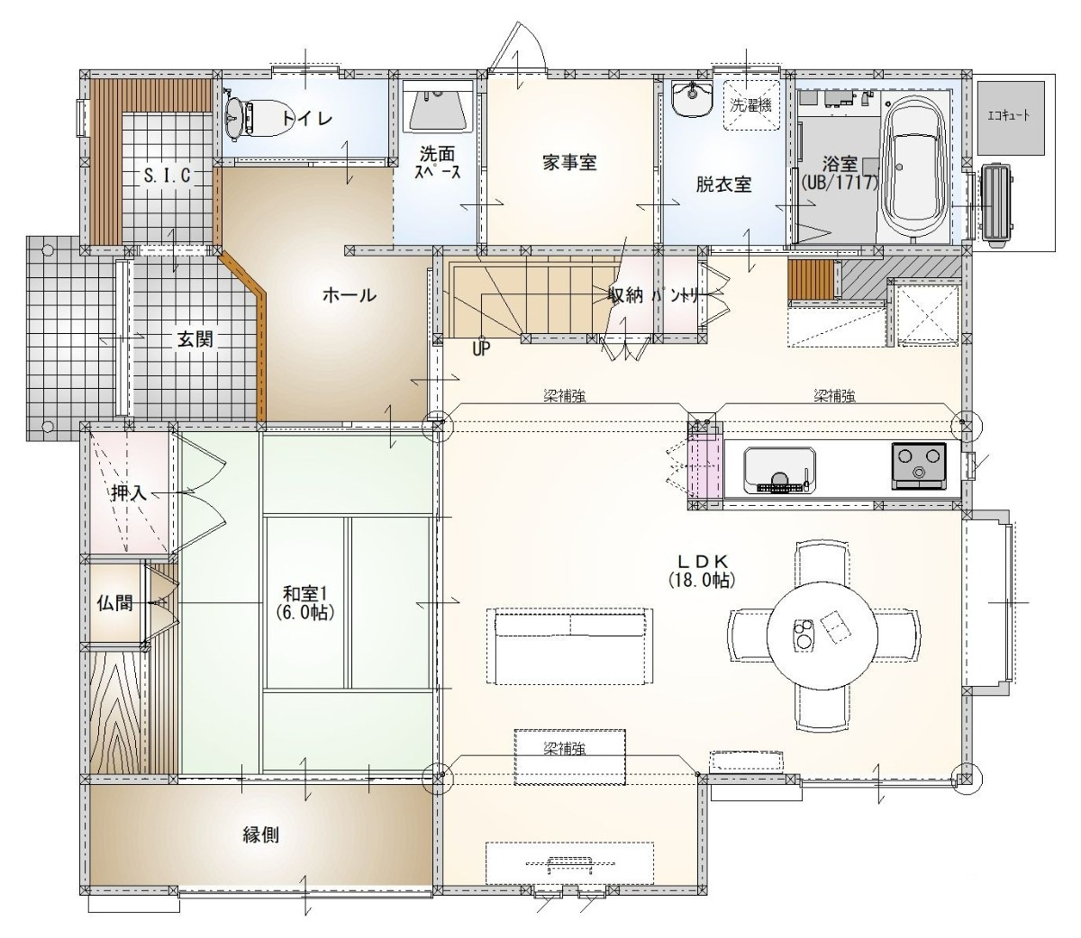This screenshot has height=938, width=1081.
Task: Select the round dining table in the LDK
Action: (822, 636)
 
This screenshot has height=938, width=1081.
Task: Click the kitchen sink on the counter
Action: (779, 470)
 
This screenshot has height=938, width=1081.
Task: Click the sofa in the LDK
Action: (570, 645)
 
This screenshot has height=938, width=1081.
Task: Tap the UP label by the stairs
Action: (481, 348)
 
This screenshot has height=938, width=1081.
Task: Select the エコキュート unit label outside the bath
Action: (1009, 115)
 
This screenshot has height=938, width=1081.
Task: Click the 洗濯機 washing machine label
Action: (750, 104)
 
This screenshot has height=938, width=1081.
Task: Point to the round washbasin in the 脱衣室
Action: (692, 99)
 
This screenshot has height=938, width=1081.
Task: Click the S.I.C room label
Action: (168, 175)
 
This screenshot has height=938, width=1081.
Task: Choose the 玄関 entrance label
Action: (195, 338)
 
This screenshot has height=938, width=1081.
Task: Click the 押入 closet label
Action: (129, 492)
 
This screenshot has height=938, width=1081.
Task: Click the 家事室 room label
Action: (569, 162)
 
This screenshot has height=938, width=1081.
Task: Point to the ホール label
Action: (350, 294)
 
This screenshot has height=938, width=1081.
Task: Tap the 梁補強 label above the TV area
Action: (564, 747)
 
